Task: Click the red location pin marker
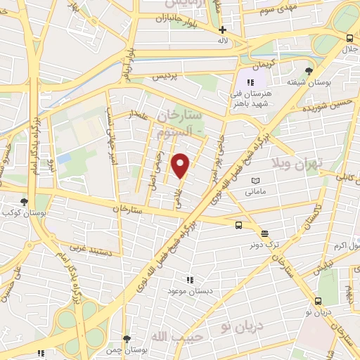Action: (181, 165)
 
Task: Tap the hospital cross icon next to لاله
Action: (223, 30)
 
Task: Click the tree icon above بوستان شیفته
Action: (310, 70)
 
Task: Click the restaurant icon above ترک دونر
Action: (264, 233)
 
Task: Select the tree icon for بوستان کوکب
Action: (25, 201)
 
